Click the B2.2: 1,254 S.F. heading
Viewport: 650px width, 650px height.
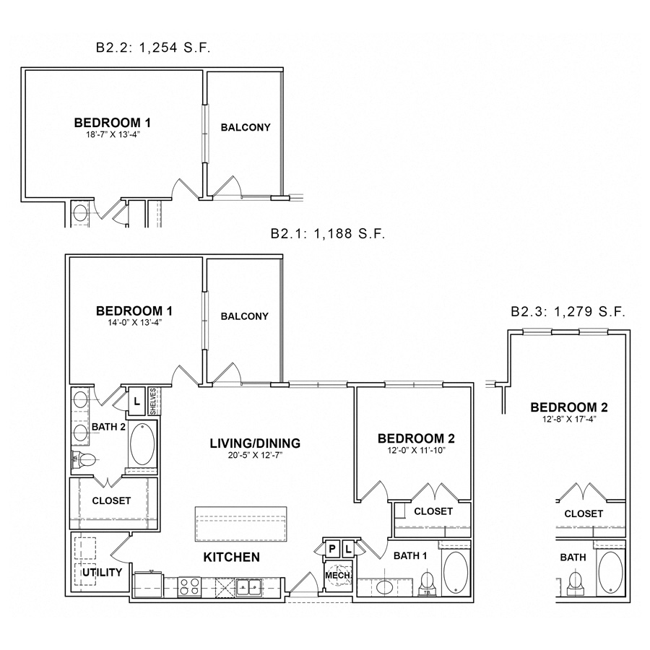[x=153, y=48]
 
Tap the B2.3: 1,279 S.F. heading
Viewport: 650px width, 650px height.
[x=568, y=311]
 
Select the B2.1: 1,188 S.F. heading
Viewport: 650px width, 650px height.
[x=328, y=234]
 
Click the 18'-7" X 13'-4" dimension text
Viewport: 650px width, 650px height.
[x=113, y=134]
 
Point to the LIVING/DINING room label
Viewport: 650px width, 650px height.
[x=255, y=443]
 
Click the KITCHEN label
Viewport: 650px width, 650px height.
[x=231, y=557]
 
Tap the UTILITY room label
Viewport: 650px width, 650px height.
[x=102, y=573]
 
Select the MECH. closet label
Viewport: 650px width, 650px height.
[x=338, y=576]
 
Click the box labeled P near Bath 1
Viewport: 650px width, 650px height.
[x=332, y=550]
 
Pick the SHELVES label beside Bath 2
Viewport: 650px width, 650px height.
[x=153, y=402]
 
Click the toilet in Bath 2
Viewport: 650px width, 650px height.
[x=84, y=459]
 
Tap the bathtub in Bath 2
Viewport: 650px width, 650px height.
[x=142, y=444]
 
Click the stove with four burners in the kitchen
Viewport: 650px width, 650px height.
[x=188, y=587]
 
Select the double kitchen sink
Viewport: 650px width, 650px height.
[x=248, y=586]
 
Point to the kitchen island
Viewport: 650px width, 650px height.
[x=240, y=524]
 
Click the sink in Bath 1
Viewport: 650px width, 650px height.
[x=385, y=587]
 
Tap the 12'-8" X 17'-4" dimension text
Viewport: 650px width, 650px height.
[x=569, y=419]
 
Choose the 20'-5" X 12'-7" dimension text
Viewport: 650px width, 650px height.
[x=256, y=455]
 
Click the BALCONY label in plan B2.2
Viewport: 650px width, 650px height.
[x=246, y=127]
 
